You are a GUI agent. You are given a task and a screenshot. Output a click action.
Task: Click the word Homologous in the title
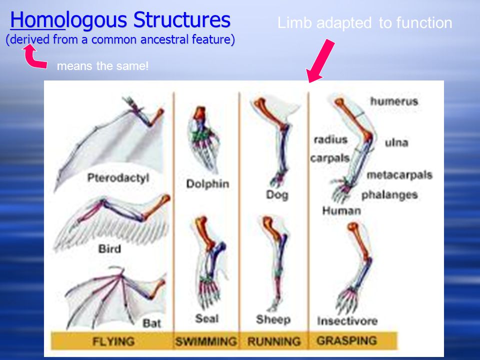coord(68,20)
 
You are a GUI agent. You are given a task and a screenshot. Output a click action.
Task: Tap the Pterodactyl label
coord(118,178)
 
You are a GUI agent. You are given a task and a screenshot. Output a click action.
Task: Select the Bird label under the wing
coord(109,248)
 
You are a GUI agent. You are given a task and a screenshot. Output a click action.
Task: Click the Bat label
coord(152,323)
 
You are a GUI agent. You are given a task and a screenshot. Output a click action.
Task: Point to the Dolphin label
coord(207,183)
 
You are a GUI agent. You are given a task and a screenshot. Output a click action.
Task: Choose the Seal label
coord(207,318)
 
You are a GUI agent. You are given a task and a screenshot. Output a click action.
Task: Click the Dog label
coord(277,194)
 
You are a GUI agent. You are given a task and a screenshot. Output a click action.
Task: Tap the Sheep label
coord(273,319)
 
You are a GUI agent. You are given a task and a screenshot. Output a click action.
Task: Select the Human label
coord(341,210)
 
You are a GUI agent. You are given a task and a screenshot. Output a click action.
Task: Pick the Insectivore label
coord(347,321)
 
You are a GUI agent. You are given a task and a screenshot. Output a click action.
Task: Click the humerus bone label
coord(394,101)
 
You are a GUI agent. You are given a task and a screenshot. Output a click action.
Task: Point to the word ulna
coord(396,142)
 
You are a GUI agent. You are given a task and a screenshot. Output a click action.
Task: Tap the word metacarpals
coord(399,175)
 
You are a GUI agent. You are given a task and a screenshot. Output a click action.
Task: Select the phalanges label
coord(389,195)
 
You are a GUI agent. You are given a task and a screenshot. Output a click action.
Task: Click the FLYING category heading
coord(113,341)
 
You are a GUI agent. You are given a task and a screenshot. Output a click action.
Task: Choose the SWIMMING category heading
coord(206,341)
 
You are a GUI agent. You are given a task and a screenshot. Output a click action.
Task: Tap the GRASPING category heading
coord(347,340)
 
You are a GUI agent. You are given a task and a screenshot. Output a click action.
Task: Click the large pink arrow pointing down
coord(321,60)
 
